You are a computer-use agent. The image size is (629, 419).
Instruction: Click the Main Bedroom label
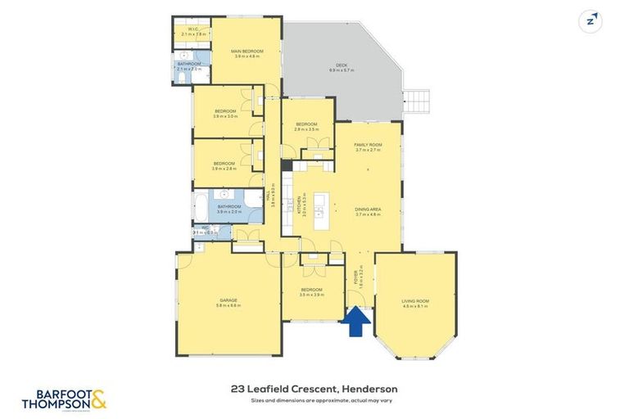[x=247, y=53]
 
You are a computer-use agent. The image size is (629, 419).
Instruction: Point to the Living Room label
[x=415, y=303]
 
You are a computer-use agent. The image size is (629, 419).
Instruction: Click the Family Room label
[x=369, y=146]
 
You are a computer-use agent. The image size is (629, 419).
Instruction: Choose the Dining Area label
[x=369, y=211]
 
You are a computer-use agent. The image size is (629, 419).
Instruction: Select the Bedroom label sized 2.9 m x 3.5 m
[x=306, y=127]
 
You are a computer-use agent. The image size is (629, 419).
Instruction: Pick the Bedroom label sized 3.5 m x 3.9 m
[x=310, y=292]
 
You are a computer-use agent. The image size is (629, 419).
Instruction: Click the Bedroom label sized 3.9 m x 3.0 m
[x=225, y=114]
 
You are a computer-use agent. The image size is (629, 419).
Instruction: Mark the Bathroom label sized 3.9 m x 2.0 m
[x=229, y=209]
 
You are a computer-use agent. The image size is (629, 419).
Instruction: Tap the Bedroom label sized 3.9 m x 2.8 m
[x=224, y=165]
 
